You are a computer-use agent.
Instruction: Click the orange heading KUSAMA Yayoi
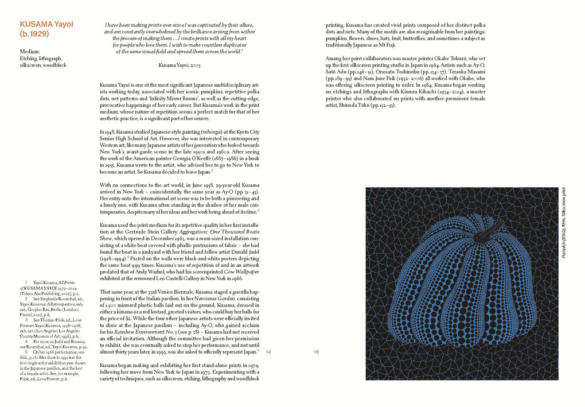click(x=47, y=25)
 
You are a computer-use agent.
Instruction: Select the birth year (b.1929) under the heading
click(x=34, y=34)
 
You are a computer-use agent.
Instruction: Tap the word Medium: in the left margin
click(x=29, y=52)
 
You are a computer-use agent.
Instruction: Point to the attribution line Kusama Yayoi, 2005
click(x=179, y=65)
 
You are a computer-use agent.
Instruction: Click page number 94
click(x=268, y=352)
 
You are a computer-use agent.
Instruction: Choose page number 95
click(x=317, y=352)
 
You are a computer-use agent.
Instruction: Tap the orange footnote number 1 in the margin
click(x=26, y=282)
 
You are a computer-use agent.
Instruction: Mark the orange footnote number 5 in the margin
click(x=26, y=335)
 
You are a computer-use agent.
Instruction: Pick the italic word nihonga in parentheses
click(x=204, y=132)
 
